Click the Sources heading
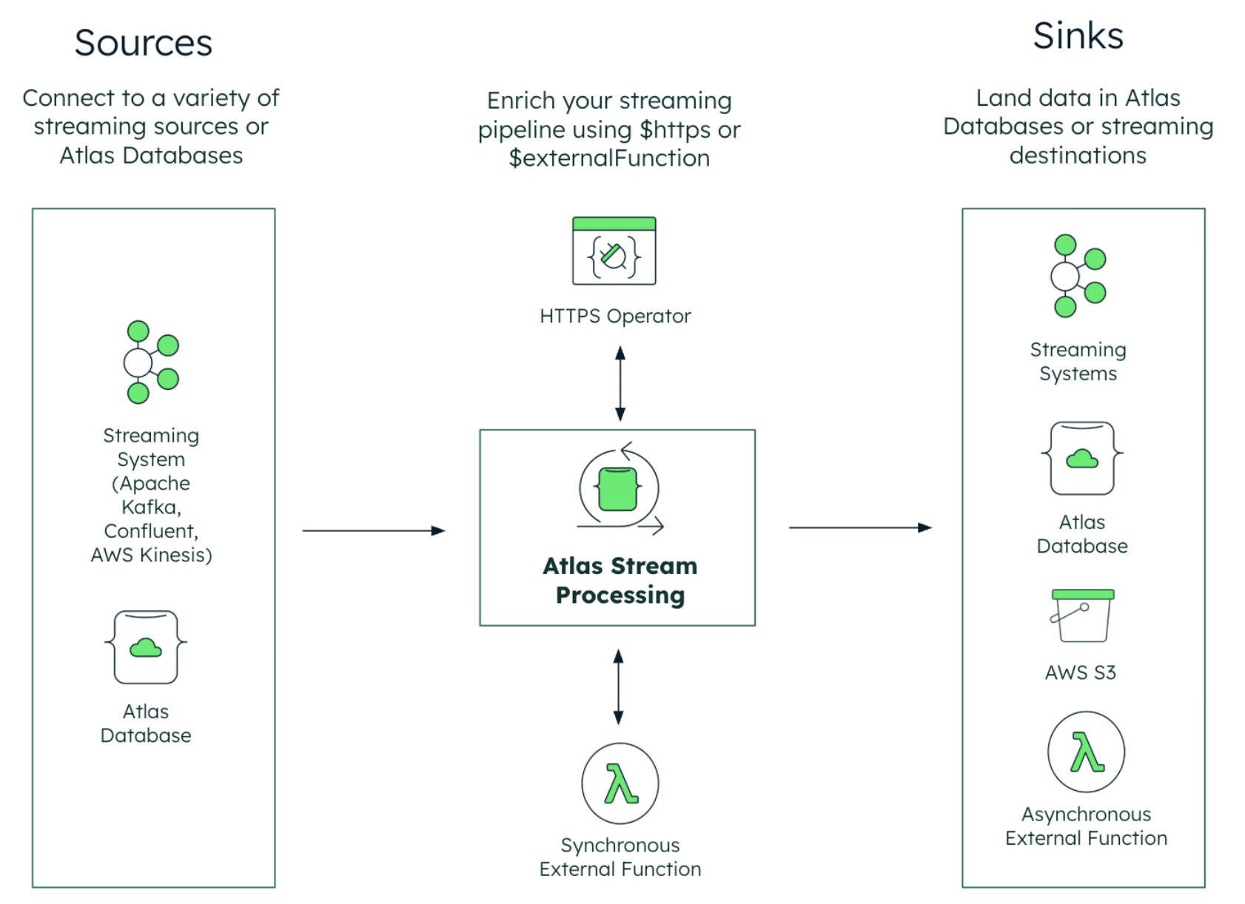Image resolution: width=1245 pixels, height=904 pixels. [x=143, y=43]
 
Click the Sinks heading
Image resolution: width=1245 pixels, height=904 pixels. [x=1078, y=36]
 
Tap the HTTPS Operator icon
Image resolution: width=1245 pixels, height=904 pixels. [x=614, y=252]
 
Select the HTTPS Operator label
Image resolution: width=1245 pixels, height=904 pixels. [x=614, y=317]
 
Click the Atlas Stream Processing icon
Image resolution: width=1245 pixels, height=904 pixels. [x=619, y=489]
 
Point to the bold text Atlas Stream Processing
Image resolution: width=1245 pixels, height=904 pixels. [x=620, y=581]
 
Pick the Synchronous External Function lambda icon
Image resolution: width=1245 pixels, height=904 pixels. [x=620, y=783]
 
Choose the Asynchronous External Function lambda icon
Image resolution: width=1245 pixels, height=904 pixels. [x=1086, y=752]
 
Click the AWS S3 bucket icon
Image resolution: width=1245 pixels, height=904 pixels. [x=1081, y=616]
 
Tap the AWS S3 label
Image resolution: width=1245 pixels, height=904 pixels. [x=1080, y=672]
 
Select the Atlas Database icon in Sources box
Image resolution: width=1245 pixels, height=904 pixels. [x=146, y=647]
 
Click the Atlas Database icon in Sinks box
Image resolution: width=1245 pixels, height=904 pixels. [x=1081, y=459]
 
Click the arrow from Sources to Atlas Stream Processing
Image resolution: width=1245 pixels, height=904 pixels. [x=373, y=530]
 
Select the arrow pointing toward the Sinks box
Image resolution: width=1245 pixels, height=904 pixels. [x=859, y=527]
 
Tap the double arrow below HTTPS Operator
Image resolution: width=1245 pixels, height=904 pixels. [x=620, y=384]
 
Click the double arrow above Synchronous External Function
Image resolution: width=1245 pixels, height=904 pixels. [x=619, y=687]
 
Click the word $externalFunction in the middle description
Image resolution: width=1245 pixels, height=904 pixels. [x=608, y=158]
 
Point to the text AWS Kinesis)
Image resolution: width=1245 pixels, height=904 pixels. [x=151, y=555]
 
